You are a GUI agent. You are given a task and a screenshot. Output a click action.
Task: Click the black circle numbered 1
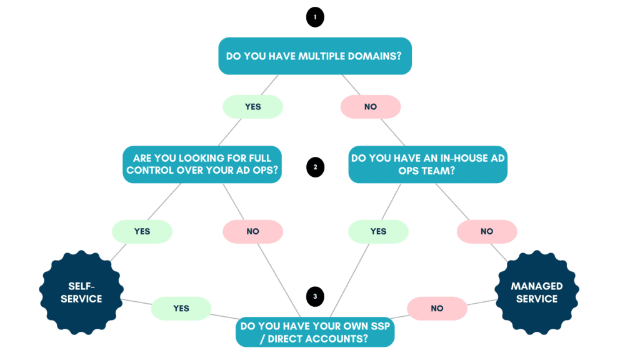coord(315,17)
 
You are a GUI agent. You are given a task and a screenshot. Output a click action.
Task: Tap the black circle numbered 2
coord(315,167)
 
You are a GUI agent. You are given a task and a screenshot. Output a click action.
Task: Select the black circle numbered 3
coord(315,296)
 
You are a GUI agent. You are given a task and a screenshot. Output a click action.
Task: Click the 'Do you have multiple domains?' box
coord(315,56)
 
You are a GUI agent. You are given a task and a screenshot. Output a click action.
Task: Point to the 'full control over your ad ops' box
coord(201,165)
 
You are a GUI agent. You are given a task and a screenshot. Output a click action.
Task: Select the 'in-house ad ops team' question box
coord(427,165)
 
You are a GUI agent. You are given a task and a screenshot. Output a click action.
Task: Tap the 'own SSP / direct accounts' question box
coord(315,332)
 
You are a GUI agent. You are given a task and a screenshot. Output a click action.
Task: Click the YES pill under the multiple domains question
coord(252,107)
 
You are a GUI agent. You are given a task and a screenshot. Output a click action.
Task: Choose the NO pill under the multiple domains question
coord(370,107)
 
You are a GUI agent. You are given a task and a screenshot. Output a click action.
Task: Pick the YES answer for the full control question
coord(142,231)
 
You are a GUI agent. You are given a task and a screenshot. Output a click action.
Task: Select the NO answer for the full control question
coord(252,231)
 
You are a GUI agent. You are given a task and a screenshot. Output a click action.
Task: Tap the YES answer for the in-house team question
coord(378,231)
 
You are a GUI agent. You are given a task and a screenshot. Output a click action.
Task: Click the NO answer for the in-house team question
coord(487,231)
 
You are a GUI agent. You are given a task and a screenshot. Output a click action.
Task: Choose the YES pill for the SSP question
coord(181,308)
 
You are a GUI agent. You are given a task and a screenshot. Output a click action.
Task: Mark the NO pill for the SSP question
coord(437,308)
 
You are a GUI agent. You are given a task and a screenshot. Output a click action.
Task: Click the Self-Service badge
coord(81,292)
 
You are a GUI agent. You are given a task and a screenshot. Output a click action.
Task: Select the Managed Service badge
coord(537,292)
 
